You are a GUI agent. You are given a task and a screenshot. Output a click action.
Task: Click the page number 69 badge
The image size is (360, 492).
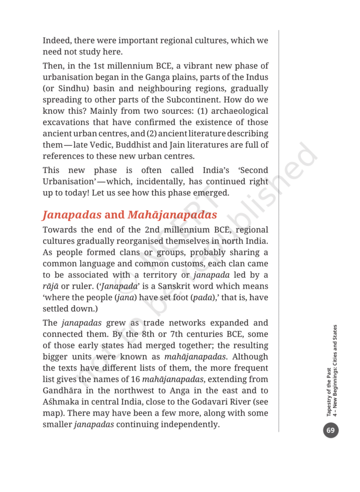(331, 430)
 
